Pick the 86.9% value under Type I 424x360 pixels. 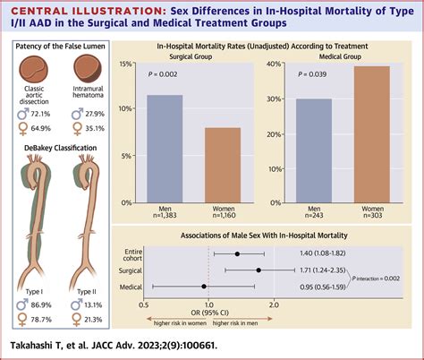(38, 304)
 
